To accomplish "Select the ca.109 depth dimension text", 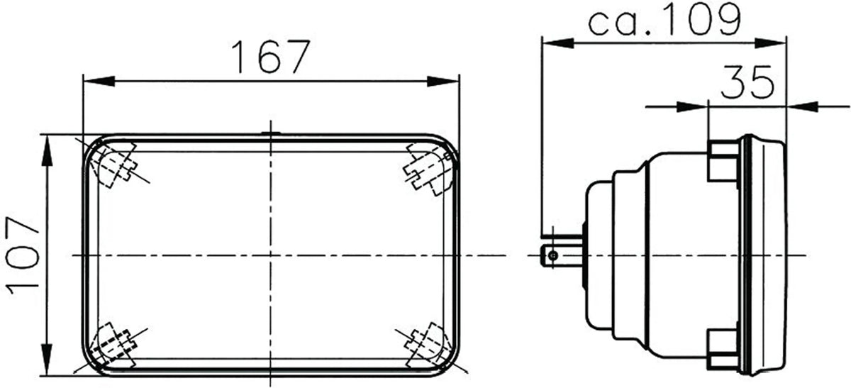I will tap(664, 21).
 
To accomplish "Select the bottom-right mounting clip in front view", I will tap(424, 342).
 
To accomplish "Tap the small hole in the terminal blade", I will tap(548, 254).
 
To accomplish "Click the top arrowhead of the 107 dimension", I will tap(47, 145).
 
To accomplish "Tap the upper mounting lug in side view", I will tap(722, 160).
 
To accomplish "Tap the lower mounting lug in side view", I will tap(722, 348).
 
